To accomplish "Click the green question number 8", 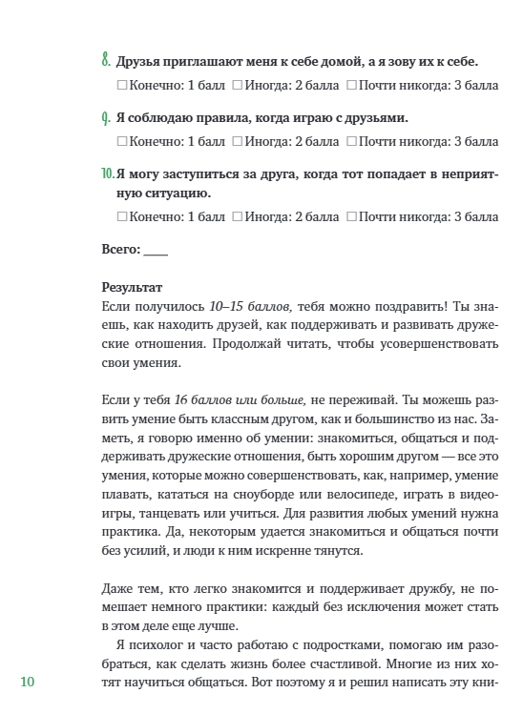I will [x=105, y=61].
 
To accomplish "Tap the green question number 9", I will [x=105, y=118].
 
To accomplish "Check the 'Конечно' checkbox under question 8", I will [x=121, y=86].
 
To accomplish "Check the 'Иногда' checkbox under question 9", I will [x=237, y=142].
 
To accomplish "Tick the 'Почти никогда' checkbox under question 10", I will [x=351, y=216].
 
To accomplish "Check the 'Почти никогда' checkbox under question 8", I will [x=351, y=86].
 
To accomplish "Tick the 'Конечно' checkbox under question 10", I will [x=121, y=216].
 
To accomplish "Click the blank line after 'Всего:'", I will [x=155, y=251].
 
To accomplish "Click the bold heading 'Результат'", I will [x=132, y=286].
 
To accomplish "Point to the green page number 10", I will [x=27, y=682].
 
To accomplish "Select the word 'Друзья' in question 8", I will [x=139, y=63].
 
